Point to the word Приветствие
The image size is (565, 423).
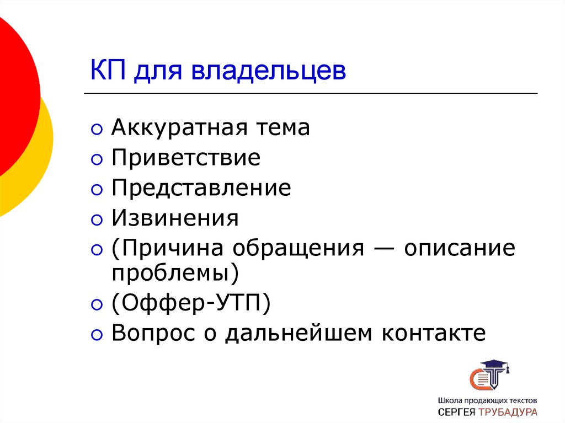[x=186, y=158]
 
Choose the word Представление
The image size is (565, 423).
[x=201, y=189]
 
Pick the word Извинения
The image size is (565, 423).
[x=175, y=218]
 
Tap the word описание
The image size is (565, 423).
[x=460, y=249]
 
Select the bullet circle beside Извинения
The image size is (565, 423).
[x=97, y=221]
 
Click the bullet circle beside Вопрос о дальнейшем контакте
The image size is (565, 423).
[x=97, y=335]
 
